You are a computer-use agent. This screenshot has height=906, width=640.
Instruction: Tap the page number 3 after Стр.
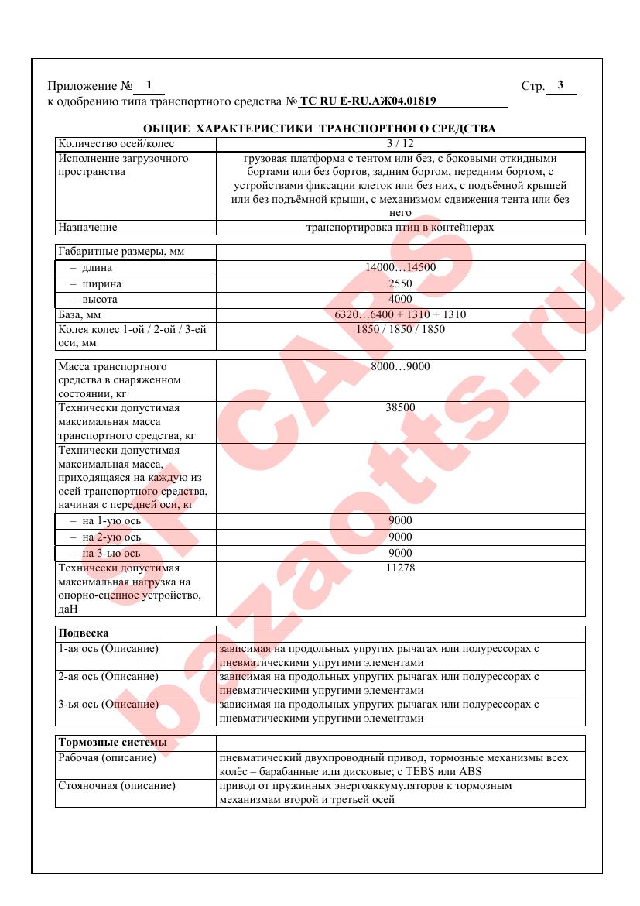pyautogui.click(x=560, y=85)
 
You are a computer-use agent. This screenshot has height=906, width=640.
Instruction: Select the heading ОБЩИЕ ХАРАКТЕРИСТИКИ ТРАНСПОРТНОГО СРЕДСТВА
pyautogui.click(x=320, y=129)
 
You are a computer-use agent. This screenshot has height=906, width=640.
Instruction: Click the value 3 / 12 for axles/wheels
pyautogui.click(x=400, y=143)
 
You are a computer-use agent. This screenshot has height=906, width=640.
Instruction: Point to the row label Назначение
pyautogui.click(x=87, y=228)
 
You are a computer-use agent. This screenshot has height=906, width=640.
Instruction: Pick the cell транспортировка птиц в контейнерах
pyautogui.click(x=400, y=228)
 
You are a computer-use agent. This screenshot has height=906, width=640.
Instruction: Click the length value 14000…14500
pyautogui.click(x=400, y=268)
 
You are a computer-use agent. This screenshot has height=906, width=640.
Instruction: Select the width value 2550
pyautogui.click(x=400, y=283)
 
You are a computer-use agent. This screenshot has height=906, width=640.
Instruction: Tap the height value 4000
pyautogui.click(x=400, y=299)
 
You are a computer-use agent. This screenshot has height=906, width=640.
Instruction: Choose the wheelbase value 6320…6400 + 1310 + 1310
pyautogui.click(x=400, y=314)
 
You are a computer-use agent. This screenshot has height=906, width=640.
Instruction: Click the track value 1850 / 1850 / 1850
pyautogui.click(x=400, y=329)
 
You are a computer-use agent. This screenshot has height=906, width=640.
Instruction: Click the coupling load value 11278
pyautogui.click(x=400, y=568)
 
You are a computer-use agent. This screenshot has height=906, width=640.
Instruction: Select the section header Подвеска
pyautogui.click(x=84, y=633)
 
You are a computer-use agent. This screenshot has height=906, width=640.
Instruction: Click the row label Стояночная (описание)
pyautogui.click(x=117, y=786)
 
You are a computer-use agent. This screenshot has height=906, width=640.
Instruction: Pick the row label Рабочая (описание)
pyautogui.click(x=108, y=758)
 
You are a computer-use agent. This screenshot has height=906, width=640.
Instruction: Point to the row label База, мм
pyautogui.click(x=80, y=315)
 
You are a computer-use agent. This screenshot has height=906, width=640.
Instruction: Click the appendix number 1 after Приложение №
pyautogui.click(x=149, y=85)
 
